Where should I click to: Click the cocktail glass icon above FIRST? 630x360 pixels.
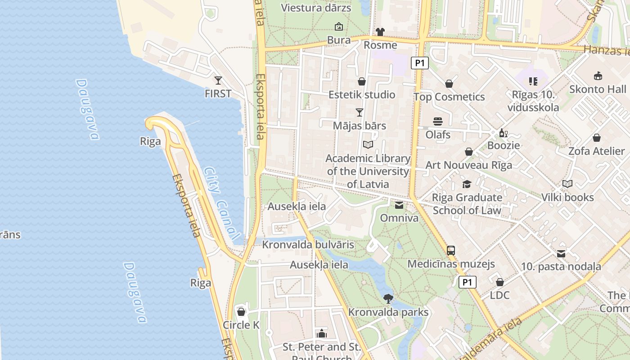tap(218, 81)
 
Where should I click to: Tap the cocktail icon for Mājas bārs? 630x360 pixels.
tap(359, 112)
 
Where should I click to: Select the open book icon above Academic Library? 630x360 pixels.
tap(368, 145)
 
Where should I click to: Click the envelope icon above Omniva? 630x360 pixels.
tap(399, 205)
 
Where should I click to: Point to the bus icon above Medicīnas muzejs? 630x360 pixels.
tap(450, 251)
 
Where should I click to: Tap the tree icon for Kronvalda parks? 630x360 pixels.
tap(388, 298)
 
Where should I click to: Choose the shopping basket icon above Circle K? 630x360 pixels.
tap(241, 312)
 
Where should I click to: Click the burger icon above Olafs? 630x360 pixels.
tap(438, 121)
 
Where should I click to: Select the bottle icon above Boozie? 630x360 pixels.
tap(503, 133)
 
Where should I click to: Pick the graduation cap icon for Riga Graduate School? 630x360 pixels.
tap(467, 184)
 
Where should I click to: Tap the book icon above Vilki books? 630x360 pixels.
tap(567, 184)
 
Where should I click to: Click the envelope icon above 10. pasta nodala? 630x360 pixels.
tap(561, 254)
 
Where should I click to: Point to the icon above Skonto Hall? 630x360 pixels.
tap(598, 76)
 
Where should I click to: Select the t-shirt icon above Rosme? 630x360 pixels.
tap(380, 32)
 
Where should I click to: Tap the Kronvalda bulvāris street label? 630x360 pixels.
tap(308, 245)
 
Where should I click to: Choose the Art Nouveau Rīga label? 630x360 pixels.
tap(468, 165)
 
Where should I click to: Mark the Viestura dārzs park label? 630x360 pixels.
tap(316, 8)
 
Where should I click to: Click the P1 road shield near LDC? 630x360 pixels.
tap(468, 282)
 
